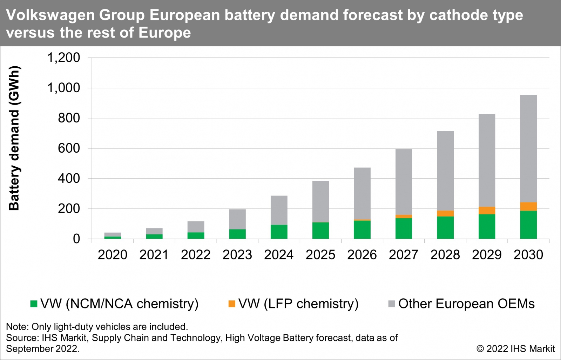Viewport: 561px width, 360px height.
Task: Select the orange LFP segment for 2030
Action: click(x=528, y=206)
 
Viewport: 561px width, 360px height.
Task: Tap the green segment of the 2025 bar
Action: click(x=320, y=231)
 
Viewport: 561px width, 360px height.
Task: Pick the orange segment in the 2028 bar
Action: click(x=445, y=213)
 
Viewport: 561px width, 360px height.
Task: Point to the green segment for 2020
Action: click(x=113, y=238)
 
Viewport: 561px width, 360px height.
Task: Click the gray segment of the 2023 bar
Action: click(x=237, y=219)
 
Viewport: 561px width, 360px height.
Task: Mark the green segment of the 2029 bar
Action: click(x=487, y=226)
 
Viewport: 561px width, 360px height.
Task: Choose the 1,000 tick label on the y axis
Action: click(x=63, y=88)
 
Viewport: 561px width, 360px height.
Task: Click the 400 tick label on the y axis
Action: click(x=69, y=178)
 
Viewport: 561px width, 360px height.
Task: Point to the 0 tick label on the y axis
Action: click(x=76, y=239)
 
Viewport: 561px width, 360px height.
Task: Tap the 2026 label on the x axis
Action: click(x=362, y=255)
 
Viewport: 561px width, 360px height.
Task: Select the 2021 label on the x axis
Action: click(x=154, y=255)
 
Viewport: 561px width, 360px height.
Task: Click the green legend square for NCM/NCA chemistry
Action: click(x=34, y=304)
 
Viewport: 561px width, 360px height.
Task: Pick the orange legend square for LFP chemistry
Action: click(x=232, y=304)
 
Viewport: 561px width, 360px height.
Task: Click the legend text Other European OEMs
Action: click(x=466, y=304)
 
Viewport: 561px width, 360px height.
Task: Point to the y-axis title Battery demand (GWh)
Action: click(x=14, y=138)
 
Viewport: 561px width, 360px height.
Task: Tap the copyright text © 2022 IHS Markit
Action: click(x=515, y=349)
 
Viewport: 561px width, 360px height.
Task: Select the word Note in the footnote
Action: click(x=16, y=327)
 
